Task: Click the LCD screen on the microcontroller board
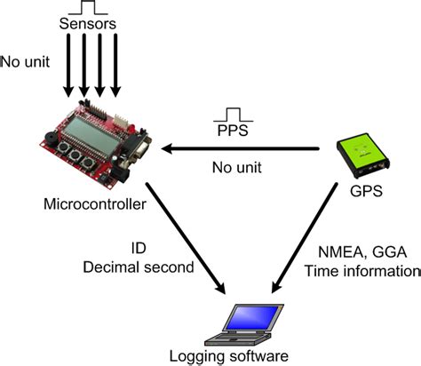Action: click(94, 142)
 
